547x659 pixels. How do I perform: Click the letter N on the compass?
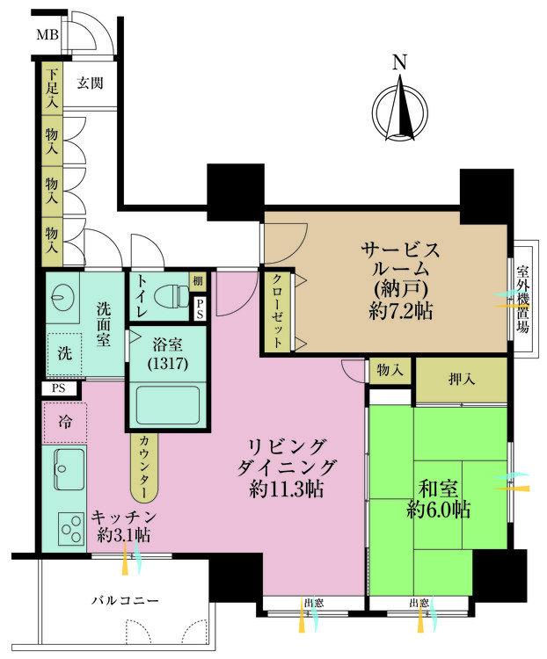tap(399, 62)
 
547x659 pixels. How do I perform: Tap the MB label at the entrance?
tap(47, 36)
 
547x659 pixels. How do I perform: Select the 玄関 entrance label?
tap(90, 83)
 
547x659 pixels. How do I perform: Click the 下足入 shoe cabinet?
tap(53, 87)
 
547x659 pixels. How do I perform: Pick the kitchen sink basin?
tap(68, 467)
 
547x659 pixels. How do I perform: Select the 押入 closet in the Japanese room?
tap(462, 380)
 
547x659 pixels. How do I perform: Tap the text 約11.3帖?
tap(283, 490)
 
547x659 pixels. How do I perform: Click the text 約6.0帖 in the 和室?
tap(438, 509)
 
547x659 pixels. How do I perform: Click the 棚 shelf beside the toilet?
tap(199, 281)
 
